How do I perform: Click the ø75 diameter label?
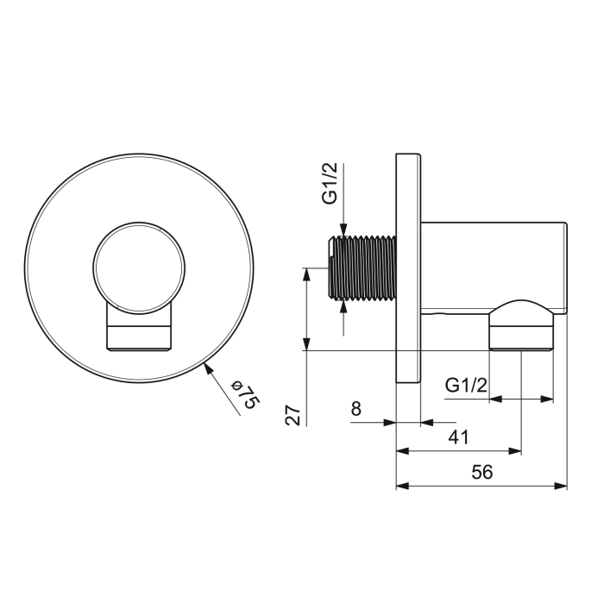(245, 395)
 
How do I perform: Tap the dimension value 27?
(293, 415)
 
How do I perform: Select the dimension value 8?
(356, 408)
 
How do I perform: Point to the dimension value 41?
(459, 437)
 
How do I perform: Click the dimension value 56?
(481, 472)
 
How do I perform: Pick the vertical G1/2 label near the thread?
(330, 183)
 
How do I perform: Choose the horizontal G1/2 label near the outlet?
(466, 385)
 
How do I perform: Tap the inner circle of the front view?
(139, 267)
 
